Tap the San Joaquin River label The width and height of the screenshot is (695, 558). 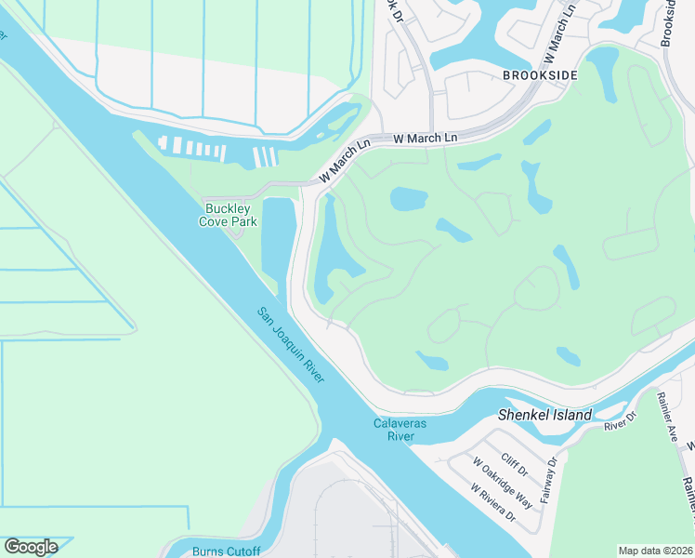click(291, 345)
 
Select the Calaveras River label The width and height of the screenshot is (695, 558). click(400, 429)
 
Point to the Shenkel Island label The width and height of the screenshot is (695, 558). click(544, 415)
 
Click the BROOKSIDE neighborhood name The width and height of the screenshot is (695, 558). click(540, 75)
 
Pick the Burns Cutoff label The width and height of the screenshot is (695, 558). click(226, 551)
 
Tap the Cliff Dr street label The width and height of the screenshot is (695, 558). click(514, 462)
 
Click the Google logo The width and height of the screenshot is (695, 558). click(31, 547)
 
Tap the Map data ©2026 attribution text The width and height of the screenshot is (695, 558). click(656, 551)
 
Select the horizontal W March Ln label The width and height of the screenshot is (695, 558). click(426, 139)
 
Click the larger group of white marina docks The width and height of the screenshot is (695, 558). click(192, 147)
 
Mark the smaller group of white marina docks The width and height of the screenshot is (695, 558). click(266, 156)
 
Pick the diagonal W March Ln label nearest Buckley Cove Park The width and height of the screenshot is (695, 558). click(344, 161)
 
